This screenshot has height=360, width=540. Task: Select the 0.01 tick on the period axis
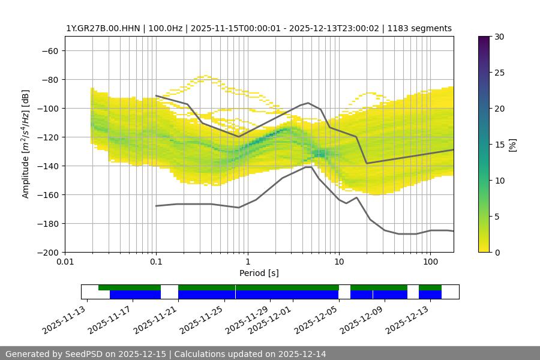(65, 262)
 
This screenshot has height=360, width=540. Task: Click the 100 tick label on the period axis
(430, 262)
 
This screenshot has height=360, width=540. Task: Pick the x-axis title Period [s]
(259, 273)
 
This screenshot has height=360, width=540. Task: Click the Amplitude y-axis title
(26, 144)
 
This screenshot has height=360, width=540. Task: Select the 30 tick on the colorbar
(499, 37)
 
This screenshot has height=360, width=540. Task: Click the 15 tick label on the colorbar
(499, 144)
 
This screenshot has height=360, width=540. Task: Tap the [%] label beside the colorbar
(512, 144)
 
